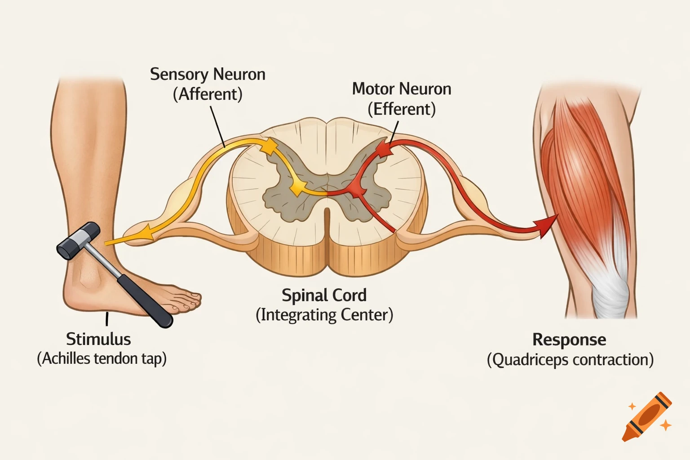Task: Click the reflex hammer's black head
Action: [x=79, y=241]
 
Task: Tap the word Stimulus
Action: [x=98, y=339]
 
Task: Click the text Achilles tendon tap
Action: [x=102, y=359]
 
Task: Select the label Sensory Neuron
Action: [x=208, y=75]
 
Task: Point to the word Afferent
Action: [x=208, y=94]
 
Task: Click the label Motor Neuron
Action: [x=402, y=89]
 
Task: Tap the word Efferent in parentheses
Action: [x=402, y=109]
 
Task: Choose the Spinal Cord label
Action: [x=324, y=295]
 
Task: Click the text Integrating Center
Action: [x=324, y=315]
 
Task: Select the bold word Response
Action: [x=569, y=340]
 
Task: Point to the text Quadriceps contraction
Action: [x=570, y=360]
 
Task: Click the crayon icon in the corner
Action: [x=647, y=416]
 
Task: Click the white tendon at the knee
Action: [x=610, y=287]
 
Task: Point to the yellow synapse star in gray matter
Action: [x=296, y=188]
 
